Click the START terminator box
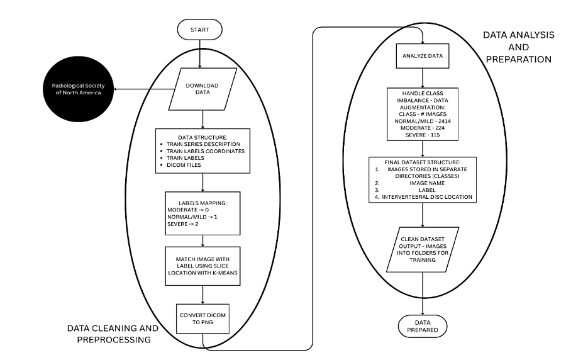(199, 29)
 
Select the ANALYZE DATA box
(423, 55)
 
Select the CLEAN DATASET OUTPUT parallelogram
(423, 247)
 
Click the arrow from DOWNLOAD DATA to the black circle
(132, 89)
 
